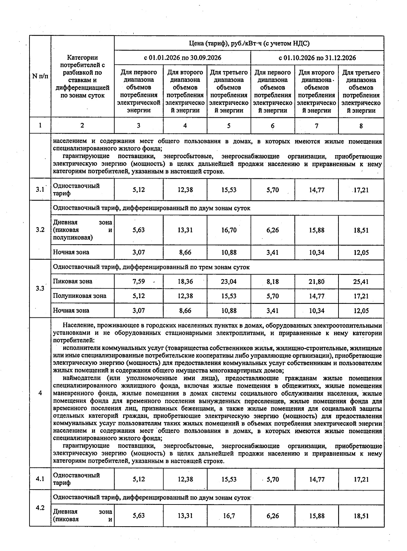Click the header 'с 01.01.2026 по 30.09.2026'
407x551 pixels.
(x=182, y=58)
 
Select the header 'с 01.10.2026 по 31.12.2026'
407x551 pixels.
(x=317, y=58)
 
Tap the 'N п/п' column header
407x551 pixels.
(x=40, y=76)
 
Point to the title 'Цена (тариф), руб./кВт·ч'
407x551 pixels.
(x=249, y=43)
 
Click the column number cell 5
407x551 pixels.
(x=229, y=126)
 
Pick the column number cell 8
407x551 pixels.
(x=361, y=126)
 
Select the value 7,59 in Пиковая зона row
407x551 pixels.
(x=139, y=281)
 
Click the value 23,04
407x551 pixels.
(x=229, y=281)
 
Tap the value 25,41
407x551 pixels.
(x=361, y=281)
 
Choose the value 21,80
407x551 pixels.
(x=316, y=281)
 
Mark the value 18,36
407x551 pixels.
(x=185, y=281)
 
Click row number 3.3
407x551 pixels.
(x=40, y=289)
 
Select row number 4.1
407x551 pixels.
(x=40, y=479)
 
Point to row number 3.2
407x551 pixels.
(x=40, y=230)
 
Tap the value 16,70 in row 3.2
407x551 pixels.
(x=229, y=230)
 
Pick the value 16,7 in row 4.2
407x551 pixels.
(x=229, y=516)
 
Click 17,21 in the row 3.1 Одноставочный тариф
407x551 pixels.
(x=361, y=190)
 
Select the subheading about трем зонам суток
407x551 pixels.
(x=151, y=267)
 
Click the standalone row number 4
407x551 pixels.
(x=40, y=393)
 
